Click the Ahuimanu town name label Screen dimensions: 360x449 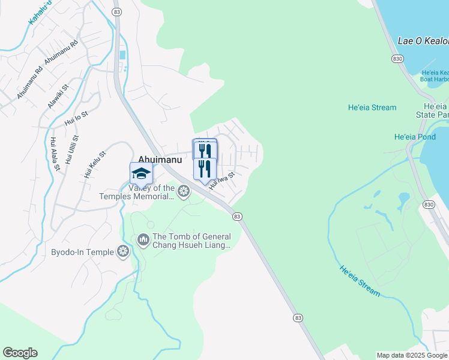point(160,159)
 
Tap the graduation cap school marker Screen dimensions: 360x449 point(141,173)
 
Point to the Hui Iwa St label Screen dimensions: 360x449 point(221,181)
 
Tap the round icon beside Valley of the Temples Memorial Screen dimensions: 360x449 point(184,191)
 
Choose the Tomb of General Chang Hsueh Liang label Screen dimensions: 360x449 point(191,241)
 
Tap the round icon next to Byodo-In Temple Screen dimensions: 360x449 point(124,252)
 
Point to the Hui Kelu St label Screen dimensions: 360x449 point(95,165)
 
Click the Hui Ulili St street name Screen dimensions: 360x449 point(71,150)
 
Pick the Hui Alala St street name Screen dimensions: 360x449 point(55,154)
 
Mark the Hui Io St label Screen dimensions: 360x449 point(76,121)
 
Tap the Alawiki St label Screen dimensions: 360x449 point(59,96)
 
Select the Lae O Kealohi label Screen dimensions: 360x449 point(423,41)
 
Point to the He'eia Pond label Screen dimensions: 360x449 point(415,137)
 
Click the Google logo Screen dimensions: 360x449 point(20,353)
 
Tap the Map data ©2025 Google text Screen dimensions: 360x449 point(411,355)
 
